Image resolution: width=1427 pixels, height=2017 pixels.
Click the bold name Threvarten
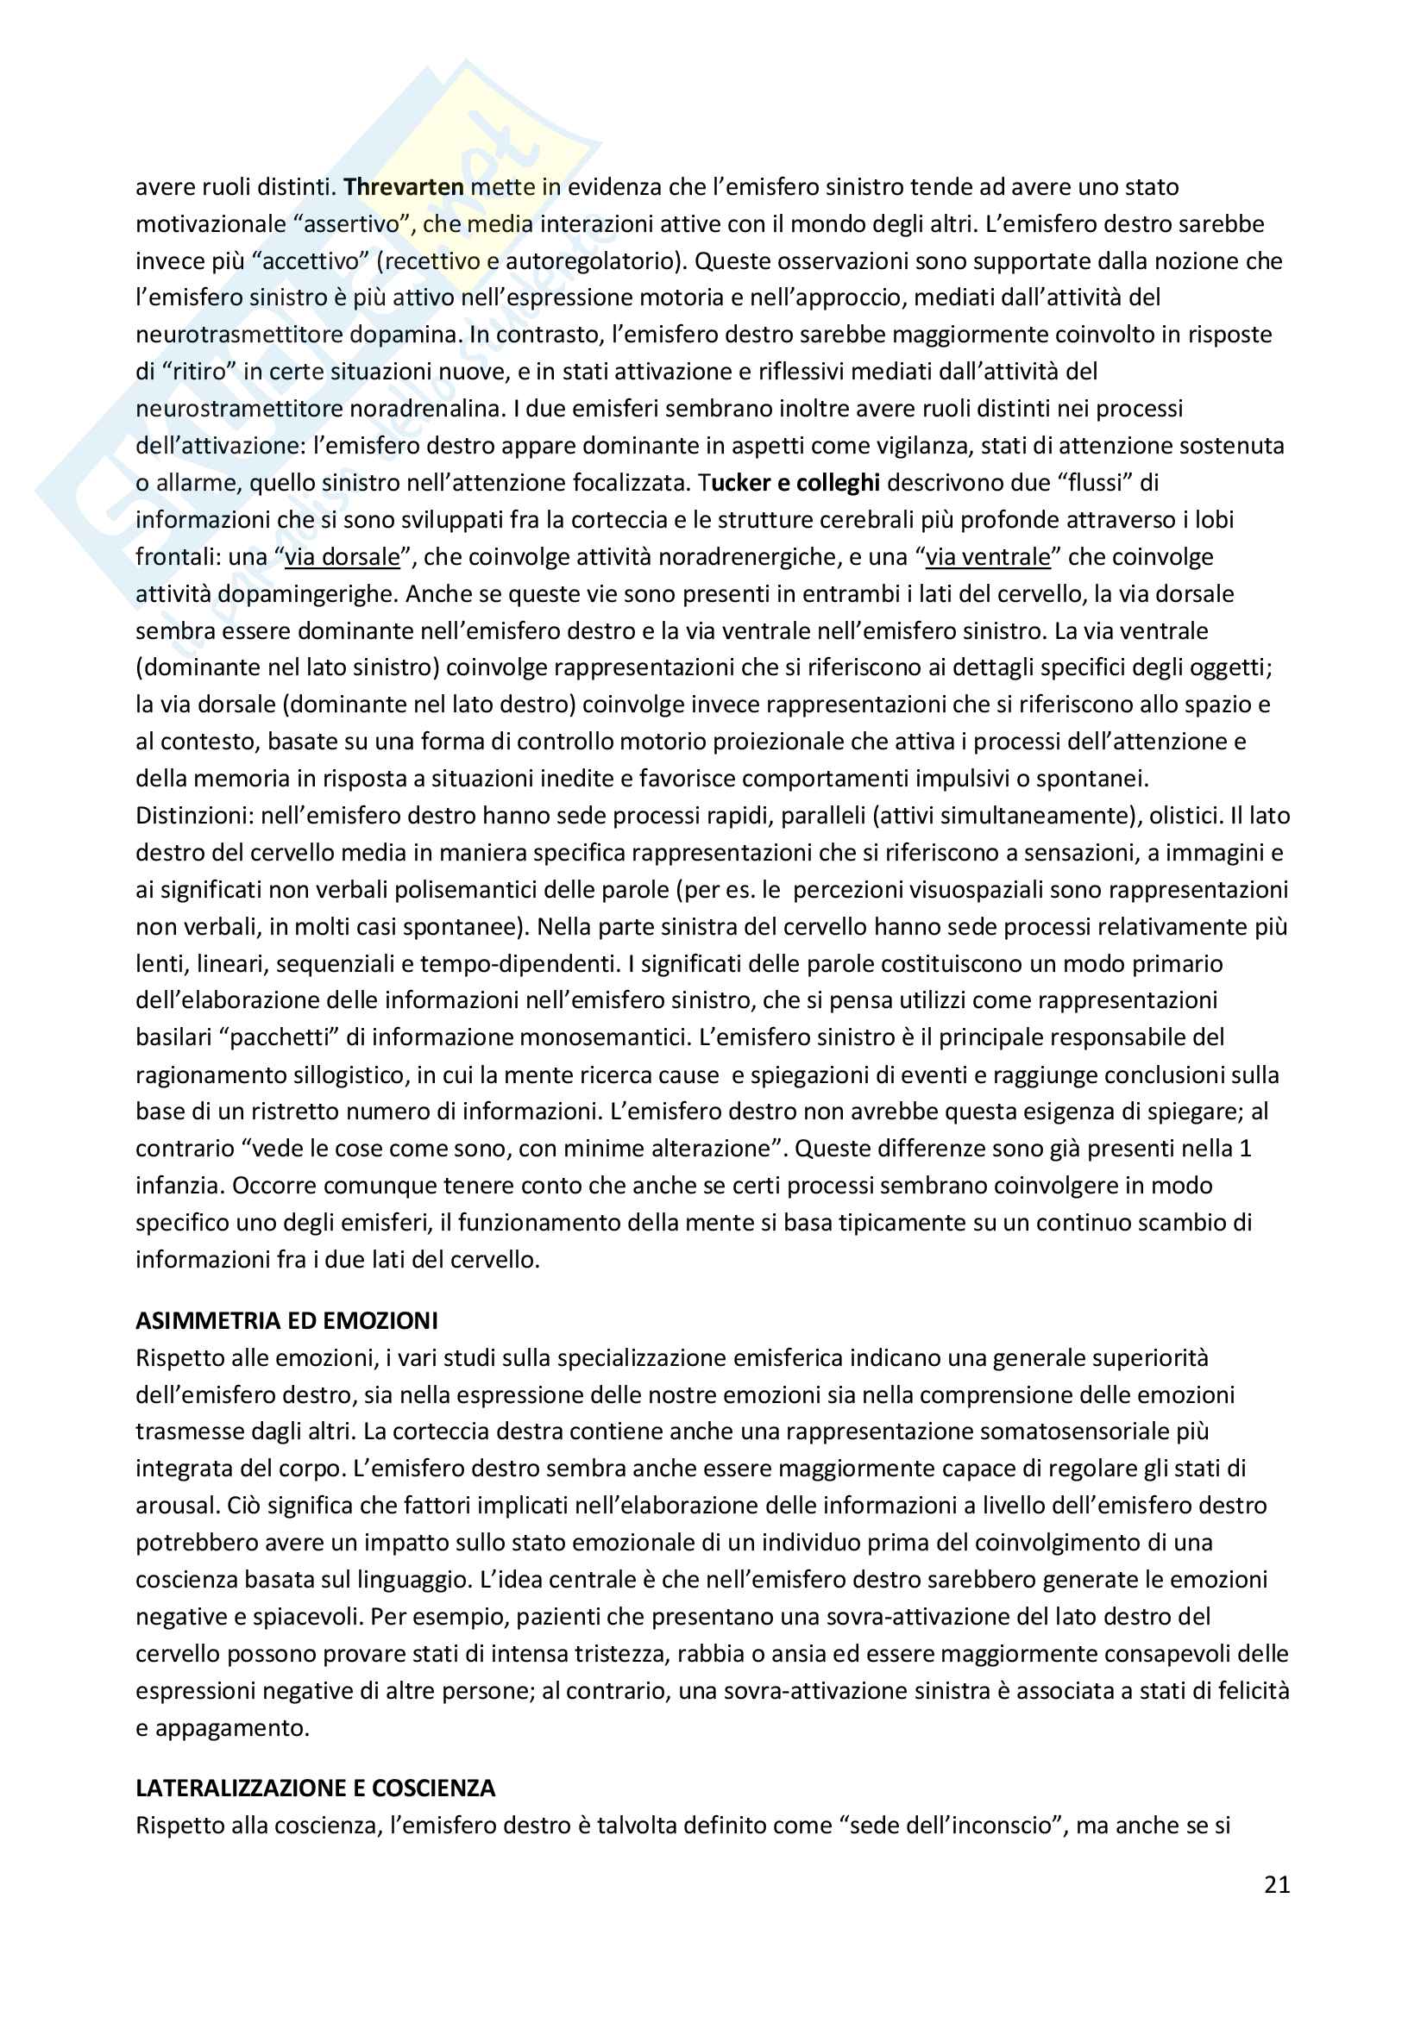(403, 187)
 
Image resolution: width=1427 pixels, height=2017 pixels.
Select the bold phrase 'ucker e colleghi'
(795, 482)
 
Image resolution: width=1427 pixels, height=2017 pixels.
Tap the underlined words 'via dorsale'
(343, 557)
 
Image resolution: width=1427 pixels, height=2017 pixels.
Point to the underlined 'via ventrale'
(988, 557)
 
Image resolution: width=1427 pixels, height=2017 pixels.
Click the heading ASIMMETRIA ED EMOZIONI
(286, 1320)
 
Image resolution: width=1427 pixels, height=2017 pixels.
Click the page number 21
(1277, 1884)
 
